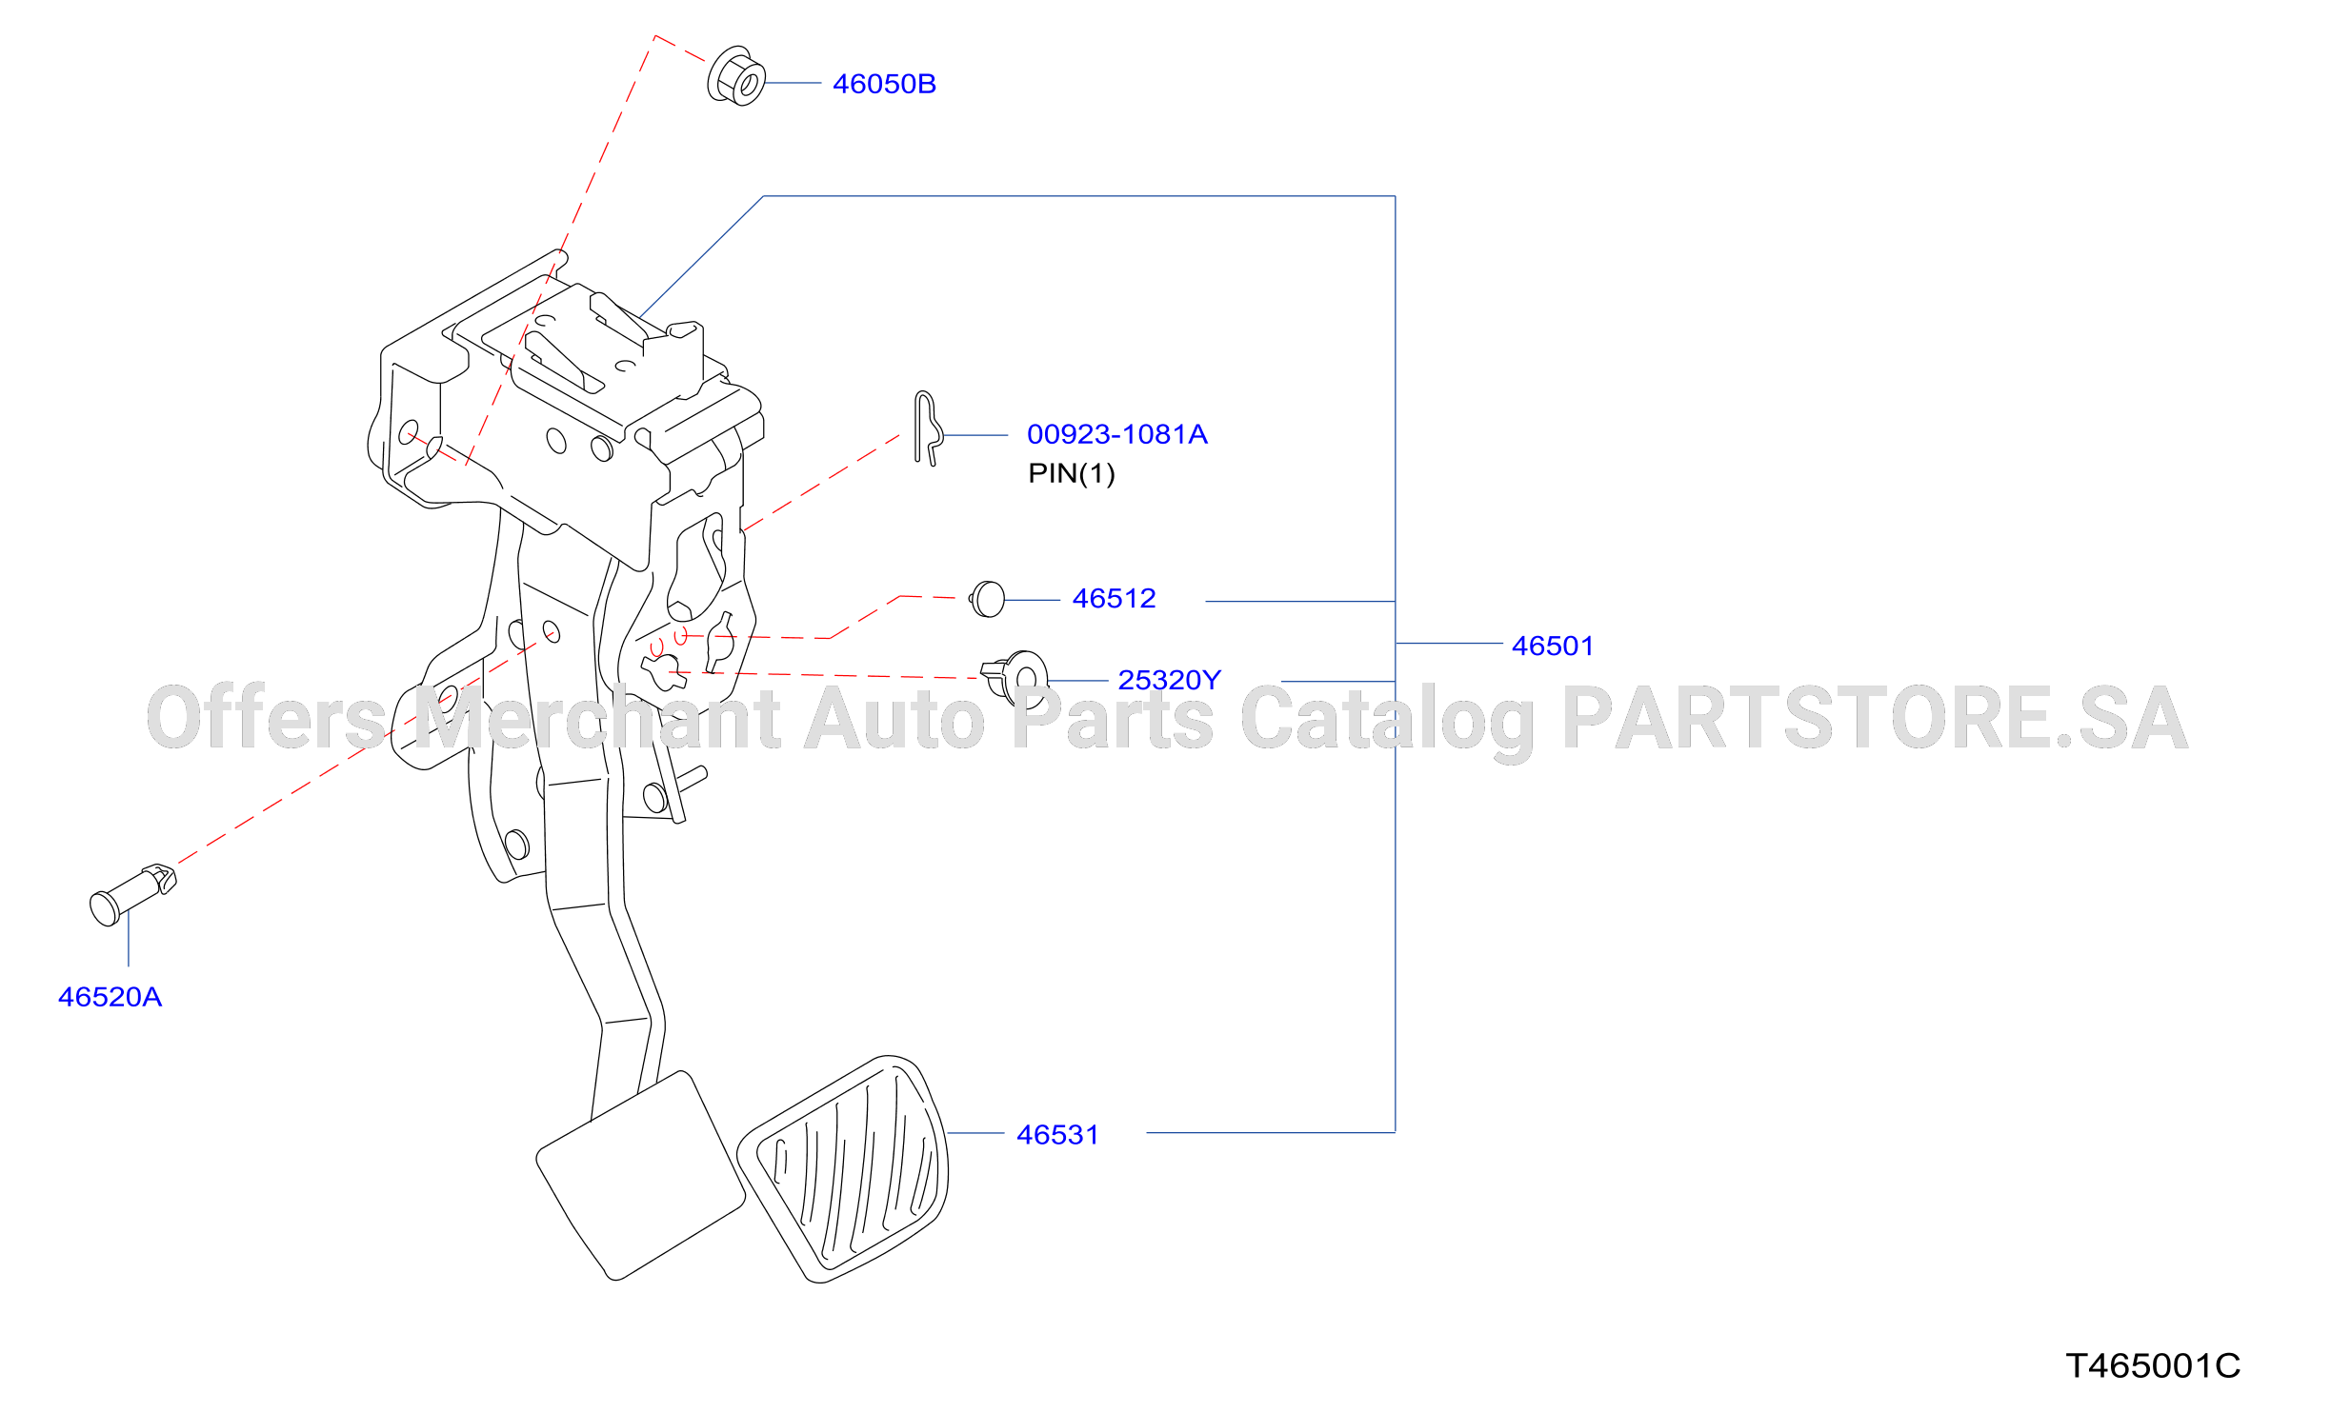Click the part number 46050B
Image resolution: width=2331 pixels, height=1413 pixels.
tap(884, 84)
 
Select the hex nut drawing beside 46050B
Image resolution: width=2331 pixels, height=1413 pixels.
tap(736, 75)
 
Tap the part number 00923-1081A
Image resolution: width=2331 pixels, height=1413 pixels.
tap(1116, 434)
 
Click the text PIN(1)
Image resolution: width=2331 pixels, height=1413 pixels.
tap(1072, 473)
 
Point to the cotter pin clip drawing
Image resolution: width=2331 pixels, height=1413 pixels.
tap(927, 428)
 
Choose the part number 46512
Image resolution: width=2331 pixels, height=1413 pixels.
tap(1114, 598)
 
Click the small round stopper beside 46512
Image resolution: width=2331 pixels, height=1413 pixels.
tap(988, 599)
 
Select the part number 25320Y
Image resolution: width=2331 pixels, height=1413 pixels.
tap(1169, 680)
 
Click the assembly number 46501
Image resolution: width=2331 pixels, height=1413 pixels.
tap(1553, 646)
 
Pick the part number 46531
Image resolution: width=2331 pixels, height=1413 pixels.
tap(1057, 1135)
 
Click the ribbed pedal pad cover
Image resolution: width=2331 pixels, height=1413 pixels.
tap(843, 1169)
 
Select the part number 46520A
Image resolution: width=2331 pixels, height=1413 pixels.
tap(110, 997)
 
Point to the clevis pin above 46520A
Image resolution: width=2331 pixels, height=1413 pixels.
tap(132, 895)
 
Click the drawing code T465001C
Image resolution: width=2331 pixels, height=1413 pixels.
tap(2153, 1365)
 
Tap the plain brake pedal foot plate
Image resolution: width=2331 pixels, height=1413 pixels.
tap(640, 1176)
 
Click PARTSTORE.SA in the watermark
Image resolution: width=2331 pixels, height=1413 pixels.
tap(1875, 718)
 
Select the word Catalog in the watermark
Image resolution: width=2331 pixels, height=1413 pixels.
tap(1387, 722)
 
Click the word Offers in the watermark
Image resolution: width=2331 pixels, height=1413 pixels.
tap(267, 717)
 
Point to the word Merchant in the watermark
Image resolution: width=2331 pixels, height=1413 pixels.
tap(598, 717)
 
